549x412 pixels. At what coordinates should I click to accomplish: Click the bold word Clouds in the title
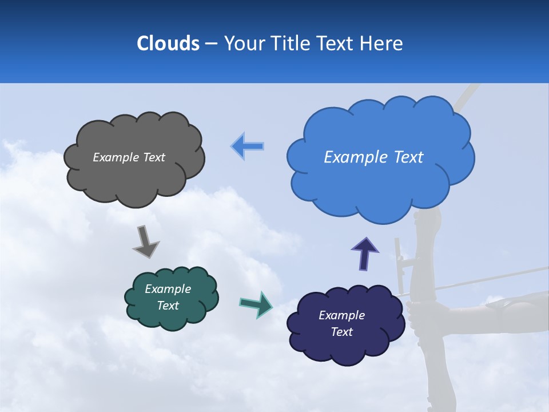pyautogui.click(x=168, y=43)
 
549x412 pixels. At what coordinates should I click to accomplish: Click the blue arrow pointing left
pyautogui.click(x=248, y=146)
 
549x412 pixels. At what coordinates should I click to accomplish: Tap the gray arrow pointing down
pyautogui.click(x=145, y=241)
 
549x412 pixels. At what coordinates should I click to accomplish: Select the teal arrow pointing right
pyautogui.click(x=256, y=304)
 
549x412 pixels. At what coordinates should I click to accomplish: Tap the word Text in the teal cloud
pyautogui.click(x=168, y=306)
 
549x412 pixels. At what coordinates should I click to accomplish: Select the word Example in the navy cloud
pyautogui.click(x=341, y=315)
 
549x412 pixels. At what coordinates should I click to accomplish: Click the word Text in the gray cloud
pyautogui.click(x=154, y=157)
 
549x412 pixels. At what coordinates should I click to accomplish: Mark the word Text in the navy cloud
pyautogui.click(x=341, y=332)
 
